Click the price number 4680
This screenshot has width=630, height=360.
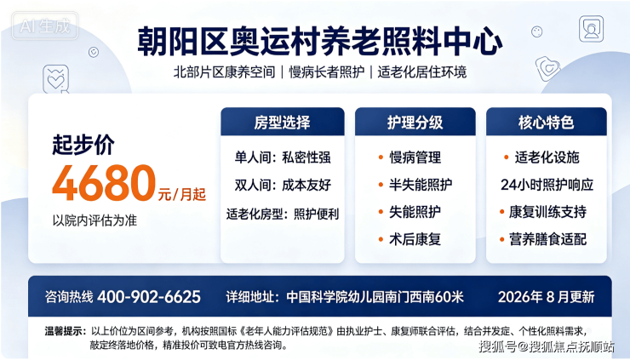[104, 183]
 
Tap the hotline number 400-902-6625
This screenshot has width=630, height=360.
[149, 297]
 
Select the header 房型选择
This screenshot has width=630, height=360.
[282, 123]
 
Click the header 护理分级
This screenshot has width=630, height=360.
[415, 123]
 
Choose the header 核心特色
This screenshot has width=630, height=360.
[546, 123]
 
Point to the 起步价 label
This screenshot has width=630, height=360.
[83, 144]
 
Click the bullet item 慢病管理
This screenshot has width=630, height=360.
[415, 157]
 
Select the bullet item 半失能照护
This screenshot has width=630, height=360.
[421, 185]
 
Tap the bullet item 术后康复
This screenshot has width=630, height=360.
[415, 239]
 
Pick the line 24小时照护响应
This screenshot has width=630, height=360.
[547, 185]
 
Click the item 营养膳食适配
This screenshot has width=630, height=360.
[547, 239]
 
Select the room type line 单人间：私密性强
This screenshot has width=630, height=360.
[283, 157]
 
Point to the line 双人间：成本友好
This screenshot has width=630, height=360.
[283, 185]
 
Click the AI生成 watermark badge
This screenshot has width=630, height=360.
[45, 26]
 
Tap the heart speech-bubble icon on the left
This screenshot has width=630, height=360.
[56, 79]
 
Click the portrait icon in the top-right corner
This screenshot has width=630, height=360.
[591, 29]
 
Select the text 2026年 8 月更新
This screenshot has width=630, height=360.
[546, 297]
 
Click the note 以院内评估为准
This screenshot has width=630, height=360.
[94, 220]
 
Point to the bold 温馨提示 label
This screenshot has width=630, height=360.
[65, 331]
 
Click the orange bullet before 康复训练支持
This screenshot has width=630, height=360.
[501, 212]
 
